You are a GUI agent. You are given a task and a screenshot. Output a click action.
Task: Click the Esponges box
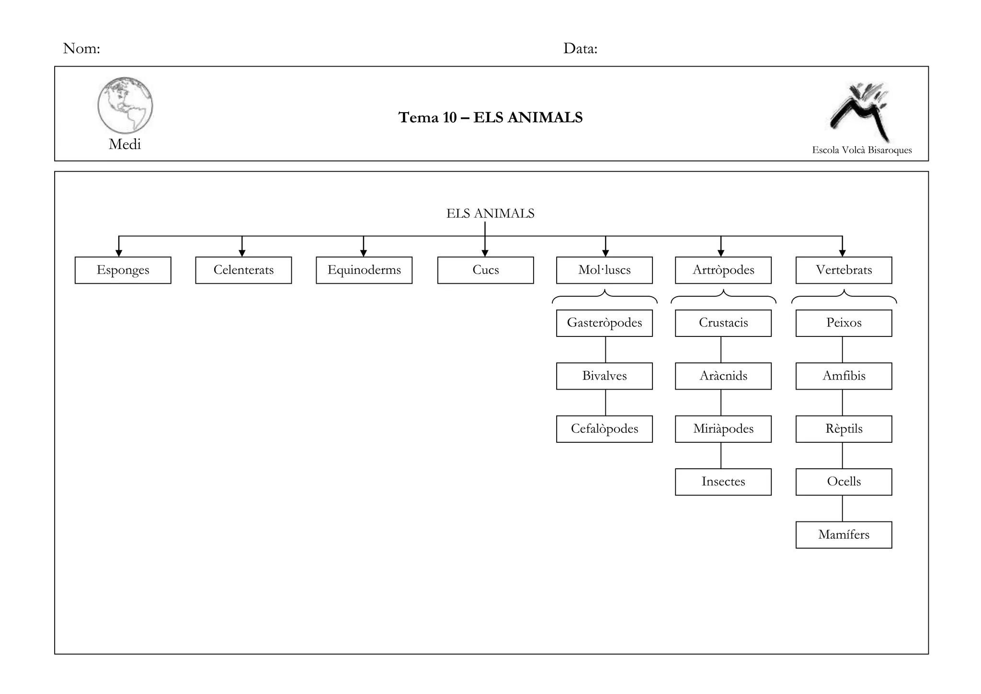(123, 270)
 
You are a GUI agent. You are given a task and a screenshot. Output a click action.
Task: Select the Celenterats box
(243, 270)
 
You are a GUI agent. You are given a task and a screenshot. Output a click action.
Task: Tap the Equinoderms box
(364, 270)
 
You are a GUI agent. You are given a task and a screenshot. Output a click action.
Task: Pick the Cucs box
(485, 270)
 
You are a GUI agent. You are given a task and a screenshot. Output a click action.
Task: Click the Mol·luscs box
(604, 270)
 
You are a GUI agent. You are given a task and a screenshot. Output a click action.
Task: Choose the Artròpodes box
(723, 270)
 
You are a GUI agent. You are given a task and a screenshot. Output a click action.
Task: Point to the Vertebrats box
(844, 270)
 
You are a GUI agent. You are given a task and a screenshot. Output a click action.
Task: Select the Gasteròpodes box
(604, 323)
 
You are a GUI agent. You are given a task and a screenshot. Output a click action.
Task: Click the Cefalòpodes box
(604, 429)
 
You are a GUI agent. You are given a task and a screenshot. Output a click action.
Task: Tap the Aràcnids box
(723, 376)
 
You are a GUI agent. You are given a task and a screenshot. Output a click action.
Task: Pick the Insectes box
(723, 482)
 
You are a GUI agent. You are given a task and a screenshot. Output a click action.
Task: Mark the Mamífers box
(844, 535)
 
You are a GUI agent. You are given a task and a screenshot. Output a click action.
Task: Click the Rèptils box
(844, 429)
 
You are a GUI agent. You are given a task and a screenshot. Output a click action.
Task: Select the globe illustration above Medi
(125, 105)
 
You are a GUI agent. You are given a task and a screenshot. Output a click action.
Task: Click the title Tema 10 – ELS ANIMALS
(490, 117)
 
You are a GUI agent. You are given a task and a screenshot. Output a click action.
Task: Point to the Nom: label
(81, 48)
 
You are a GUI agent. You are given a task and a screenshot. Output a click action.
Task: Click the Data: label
(580, 48)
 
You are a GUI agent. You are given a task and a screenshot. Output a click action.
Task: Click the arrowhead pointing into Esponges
(119, 253)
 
